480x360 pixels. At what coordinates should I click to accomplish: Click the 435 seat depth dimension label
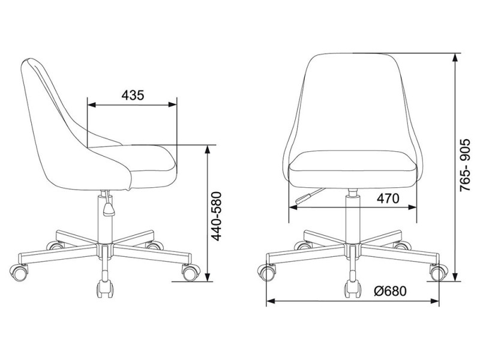(133, 95)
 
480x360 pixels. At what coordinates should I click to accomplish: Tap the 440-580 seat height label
(217, 216)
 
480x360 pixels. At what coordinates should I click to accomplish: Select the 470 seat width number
(388, 199)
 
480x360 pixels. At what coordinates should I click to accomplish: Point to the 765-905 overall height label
(466, 166)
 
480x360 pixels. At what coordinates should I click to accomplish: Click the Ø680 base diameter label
(390, 291)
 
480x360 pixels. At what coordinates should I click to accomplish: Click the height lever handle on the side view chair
(108, 208)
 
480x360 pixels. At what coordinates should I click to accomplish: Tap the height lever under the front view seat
(310, 196)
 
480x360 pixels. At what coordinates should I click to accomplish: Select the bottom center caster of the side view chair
(105, 289)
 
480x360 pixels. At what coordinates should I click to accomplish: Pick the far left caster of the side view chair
(19, 272)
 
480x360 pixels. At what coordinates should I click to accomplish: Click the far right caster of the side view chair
(191, 272)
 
